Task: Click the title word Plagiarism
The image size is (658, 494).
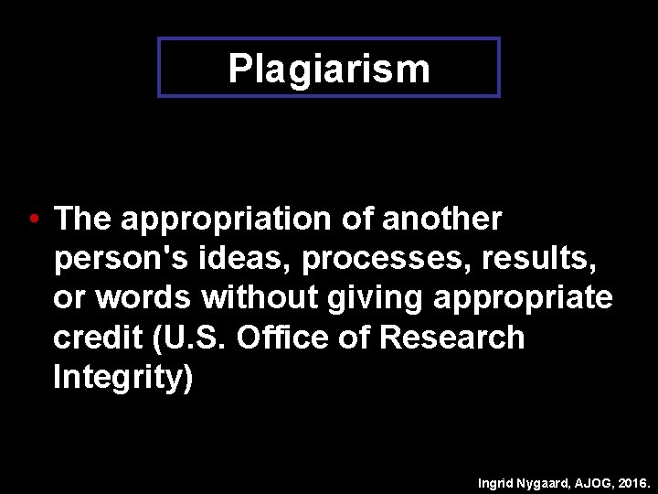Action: tap(329, 68)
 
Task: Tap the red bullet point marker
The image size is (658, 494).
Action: tap(32, 220)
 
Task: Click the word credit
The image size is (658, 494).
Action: tap(92, 338)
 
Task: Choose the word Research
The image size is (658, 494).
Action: tap(451, 338)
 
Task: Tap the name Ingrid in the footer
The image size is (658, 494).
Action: tap(499, 481)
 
